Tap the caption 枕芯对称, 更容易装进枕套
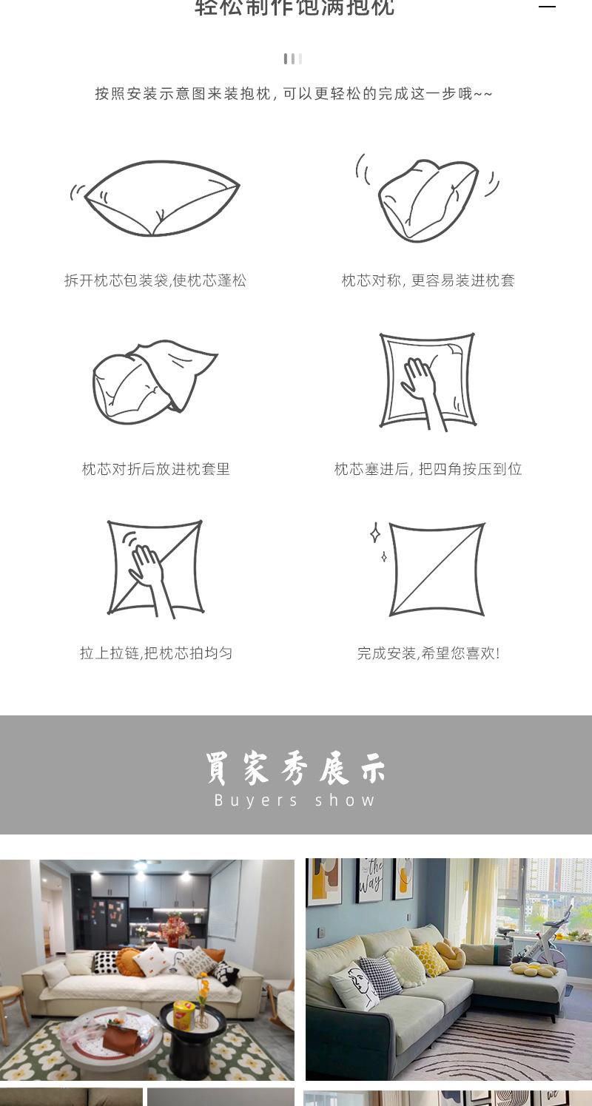tap(428, 280)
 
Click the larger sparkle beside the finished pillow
tap(375, 533)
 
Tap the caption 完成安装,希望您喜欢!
tap(428, 653)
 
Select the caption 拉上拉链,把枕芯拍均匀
tap(156, 653)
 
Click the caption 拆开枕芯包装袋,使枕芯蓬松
tap(155, 280)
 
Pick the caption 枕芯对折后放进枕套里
tap(156, 469)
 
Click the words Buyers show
tap(295, 800)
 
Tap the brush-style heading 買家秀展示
tap(295, 769)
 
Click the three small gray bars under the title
tap(292, 59)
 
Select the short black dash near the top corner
tap(547, 6)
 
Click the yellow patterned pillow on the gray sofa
tap(430, 959)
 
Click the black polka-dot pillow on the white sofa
tap(105, 962)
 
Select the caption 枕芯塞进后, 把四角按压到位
tap(428, 469)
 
